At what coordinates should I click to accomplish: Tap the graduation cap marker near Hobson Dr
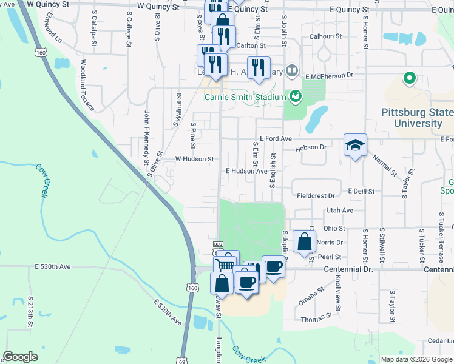355,145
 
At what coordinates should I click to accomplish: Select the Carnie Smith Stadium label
245,97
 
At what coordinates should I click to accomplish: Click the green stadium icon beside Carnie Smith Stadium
295,95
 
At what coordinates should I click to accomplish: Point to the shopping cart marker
225,265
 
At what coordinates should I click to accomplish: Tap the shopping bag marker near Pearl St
304,241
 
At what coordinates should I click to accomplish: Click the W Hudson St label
195,159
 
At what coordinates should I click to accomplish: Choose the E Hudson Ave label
246,172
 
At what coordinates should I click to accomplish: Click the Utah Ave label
339,211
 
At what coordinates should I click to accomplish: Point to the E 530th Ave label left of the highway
53,266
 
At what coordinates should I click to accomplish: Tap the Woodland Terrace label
86,85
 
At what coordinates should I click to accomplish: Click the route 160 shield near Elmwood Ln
41,53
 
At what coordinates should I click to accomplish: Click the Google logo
20,357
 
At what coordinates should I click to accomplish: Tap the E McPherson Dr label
329,76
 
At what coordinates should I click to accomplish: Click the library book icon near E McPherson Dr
292,72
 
